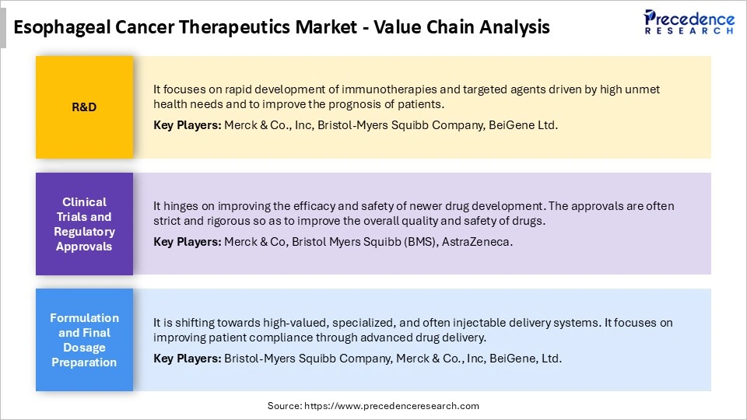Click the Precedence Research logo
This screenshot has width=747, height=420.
tap(689, 23)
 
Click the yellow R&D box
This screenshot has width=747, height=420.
tap(84, 107)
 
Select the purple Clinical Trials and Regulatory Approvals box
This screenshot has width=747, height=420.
tap(84, 224)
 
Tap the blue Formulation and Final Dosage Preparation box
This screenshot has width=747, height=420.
tap(84, 340)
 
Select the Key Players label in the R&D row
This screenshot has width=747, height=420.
tap(187, 125)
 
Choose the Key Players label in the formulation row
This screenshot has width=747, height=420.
tap(187, 359)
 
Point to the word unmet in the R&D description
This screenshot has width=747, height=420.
tap(642, 89)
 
